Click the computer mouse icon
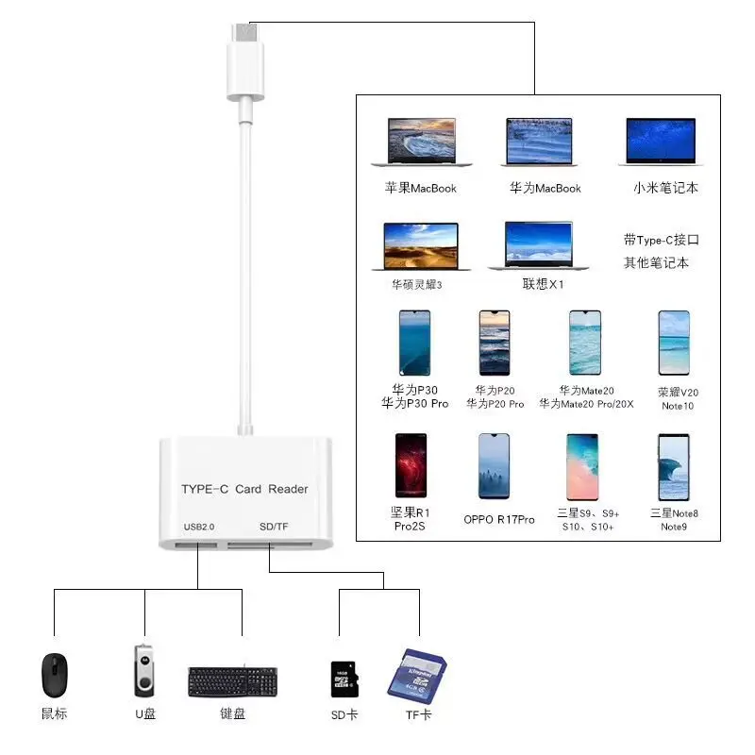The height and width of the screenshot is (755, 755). (x=55, y=675)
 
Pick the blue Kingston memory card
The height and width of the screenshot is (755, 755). (x=416, y=675)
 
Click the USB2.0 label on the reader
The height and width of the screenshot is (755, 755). (x=199, y=526)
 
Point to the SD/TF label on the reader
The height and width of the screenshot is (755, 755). (x=273, y=526)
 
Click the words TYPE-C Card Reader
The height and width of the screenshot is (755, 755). (x=244, y=489)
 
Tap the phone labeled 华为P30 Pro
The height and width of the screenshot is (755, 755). (x=414, y=344)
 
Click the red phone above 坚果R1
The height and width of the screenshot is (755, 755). (x=411, y=466)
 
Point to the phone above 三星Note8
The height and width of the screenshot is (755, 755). (x=674, y=466)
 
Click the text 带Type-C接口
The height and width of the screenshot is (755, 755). (x=662, y=241)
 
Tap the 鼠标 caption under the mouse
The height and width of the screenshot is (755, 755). (x=55, y=714)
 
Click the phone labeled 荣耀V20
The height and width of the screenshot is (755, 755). (x=674, y=344)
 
